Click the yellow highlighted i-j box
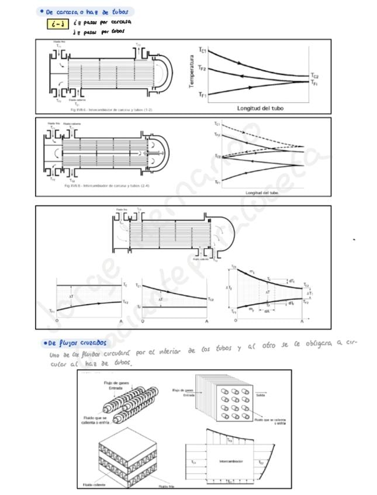[57, 24]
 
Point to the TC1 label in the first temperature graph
[202, 50]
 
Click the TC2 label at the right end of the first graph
[314, 76]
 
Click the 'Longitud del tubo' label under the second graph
[262, 192]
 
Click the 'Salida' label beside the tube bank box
[261, 395]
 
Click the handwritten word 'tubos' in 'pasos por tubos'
[117, 32]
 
